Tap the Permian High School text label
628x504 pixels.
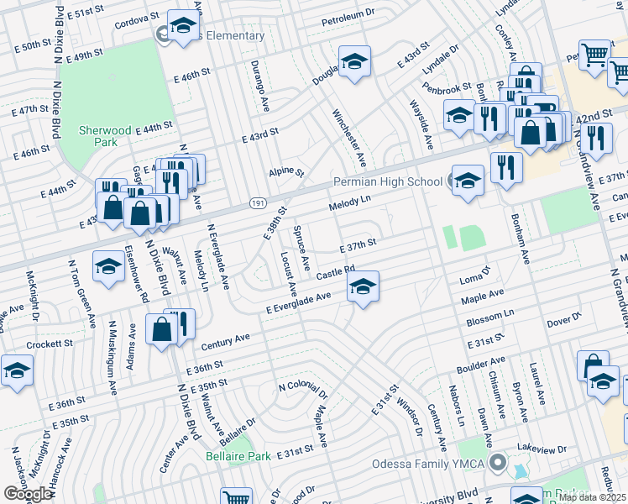coord(387,181)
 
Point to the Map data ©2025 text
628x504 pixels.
coord(592,497)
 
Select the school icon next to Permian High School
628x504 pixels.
coord(468,180)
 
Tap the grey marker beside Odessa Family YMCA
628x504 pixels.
coord(499,463)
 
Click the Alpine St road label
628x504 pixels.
coord(285,172)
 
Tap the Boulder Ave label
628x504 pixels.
coord(481,365)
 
